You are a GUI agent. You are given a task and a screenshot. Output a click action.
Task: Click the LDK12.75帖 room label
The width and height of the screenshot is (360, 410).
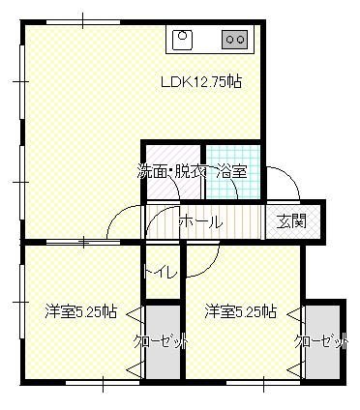point(201,82)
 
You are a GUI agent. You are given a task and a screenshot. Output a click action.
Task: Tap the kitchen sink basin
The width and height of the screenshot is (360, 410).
point(182,40)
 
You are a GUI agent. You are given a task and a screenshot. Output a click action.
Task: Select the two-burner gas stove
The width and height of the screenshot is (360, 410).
point(235,40)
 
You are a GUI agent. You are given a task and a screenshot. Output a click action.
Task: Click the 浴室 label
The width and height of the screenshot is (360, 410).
point(231,171)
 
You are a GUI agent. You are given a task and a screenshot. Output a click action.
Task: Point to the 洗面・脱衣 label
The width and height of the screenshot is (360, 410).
point(171,171)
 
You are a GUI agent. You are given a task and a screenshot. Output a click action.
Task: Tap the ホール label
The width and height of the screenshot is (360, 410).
point(201,221)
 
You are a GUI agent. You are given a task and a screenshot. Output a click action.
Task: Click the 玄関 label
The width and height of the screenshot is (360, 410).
point(291,221)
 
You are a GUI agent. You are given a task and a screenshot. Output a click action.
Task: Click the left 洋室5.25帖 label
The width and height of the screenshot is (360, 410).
point(80,311)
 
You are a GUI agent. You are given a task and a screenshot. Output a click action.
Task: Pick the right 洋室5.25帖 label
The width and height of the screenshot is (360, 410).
point(241,311)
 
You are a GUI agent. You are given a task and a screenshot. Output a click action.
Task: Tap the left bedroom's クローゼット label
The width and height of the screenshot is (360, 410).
point(161,341)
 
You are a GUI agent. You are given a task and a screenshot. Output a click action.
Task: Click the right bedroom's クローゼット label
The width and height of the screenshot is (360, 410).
point(321,341)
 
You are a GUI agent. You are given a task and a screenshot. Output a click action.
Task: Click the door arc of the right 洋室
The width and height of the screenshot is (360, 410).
point(211,266)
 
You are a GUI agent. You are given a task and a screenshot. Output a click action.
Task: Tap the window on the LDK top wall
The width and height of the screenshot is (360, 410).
point(83,22)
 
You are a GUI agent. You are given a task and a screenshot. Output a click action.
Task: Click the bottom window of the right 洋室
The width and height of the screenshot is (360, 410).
point(263,383)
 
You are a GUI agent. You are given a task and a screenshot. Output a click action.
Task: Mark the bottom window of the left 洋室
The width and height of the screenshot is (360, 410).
point(103,383)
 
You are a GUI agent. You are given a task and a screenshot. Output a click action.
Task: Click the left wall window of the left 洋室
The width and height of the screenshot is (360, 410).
point(22,302)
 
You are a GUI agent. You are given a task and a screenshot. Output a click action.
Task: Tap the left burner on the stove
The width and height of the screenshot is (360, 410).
point(229,40)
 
